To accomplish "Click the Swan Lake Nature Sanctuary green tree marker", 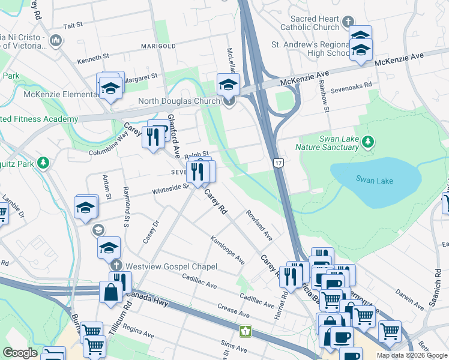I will coord(369,142).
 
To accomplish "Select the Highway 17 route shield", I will coord(277,163).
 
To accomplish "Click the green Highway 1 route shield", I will coord(245,331).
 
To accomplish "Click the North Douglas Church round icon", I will coord(229,101).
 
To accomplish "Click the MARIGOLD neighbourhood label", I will coord(158,46).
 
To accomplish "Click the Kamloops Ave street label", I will coord(228,251).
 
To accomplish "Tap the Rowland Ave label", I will coord(259,226).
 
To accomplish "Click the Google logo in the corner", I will coord(20,353).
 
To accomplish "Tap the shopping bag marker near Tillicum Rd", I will coord(111,293).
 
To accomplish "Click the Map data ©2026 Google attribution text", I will coord(411,355).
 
